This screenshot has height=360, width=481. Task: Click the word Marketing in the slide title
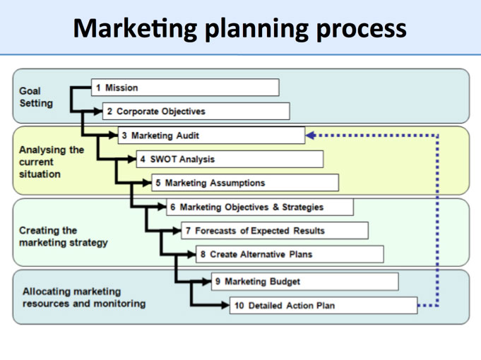[x=136, y=29]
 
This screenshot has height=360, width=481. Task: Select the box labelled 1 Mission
[x=185, y=88]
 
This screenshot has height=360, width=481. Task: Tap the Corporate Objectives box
[x=196, y=111]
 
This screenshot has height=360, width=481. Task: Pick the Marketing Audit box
[x=211, y=136]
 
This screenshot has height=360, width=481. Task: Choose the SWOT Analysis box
[x=230, y=159]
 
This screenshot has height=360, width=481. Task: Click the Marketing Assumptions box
[x=245, y=183]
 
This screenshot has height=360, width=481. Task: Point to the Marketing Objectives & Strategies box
[x=260, y=207]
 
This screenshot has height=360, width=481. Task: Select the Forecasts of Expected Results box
[x=275, y=231]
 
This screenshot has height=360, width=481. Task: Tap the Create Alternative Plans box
[x=290, y=254]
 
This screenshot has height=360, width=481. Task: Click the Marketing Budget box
[x=305, y=282]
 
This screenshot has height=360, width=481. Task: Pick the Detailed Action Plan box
[x=323, y=306]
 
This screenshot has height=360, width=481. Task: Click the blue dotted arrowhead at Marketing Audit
[x=311, y=136]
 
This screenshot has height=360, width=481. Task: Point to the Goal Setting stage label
[x=36, y=97]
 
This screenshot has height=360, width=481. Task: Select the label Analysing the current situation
[x=52, y=162]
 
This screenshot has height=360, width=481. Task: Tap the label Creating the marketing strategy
[x=63, y=236]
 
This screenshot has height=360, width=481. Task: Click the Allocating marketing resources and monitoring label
[x=84, y=297]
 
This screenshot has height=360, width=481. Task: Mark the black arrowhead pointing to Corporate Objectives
[x=98, y=112]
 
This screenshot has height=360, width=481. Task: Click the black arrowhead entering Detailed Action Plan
[x=225, y=305]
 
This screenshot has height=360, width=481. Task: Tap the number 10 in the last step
[x=239, y=306]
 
